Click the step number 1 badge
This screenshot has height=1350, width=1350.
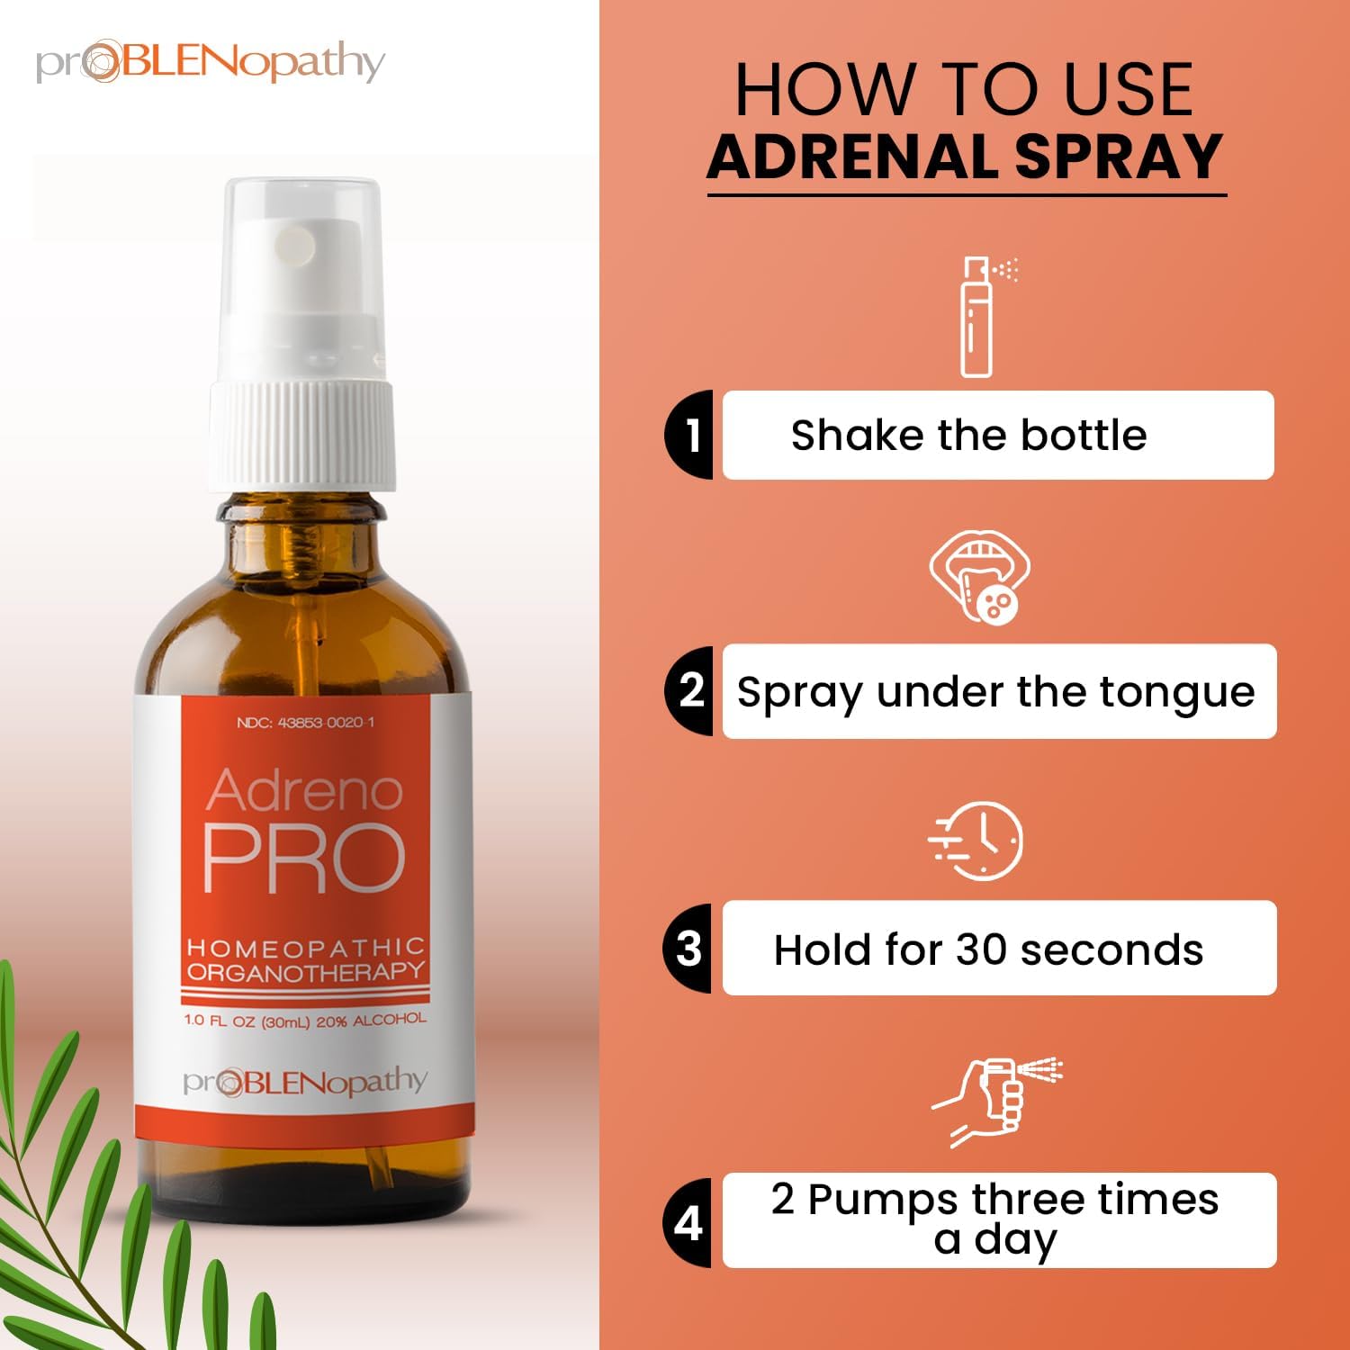point(689,435)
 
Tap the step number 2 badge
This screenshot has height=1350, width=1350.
point(689,690)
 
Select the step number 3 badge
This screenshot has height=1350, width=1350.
point(688,948)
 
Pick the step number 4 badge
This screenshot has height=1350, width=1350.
point(688,1221)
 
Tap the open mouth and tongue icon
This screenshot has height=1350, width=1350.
point(979,576)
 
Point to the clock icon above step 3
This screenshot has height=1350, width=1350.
point(976,841)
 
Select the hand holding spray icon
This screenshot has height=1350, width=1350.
point(995,1102)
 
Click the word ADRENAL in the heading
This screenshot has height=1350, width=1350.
point(854,157)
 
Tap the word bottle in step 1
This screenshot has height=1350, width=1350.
point(1084,435)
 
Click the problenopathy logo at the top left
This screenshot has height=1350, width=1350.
point(211,63)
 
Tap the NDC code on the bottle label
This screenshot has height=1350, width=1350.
point(305,723)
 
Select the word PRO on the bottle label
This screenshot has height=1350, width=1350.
point(304,858)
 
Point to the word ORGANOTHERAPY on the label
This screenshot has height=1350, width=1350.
point(305,972)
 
